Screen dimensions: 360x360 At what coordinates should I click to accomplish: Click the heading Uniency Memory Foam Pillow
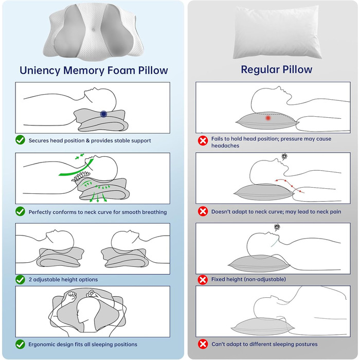point(94,70)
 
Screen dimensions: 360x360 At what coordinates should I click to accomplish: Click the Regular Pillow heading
point(277,69)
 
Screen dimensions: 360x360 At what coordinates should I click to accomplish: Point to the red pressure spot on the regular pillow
point(268,118)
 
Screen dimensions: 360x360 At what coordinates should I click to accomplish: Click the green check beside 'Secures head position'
point(20,140)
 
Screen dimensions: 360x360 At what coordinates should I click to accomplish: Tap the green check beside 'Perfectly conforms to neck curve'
point(20,211)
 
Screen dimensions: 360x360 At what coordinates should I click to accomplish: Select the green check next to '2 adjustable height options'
point(20,279)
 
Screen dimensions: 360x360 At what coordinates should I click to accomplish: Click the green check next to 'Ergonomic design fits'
point(20,344)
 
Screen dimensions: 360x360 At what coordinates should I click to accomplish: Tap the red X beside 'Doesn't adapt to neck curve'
point(203,211)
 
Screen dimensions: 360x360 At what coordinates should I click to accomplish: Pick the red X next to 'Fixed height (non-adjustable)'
point(203,279)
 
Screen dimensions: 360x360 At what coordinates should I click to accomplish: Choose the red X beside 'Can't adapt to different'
point(203,344)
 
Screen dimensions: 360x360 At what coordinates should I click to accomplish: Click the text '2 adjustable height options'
point(63,280)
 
